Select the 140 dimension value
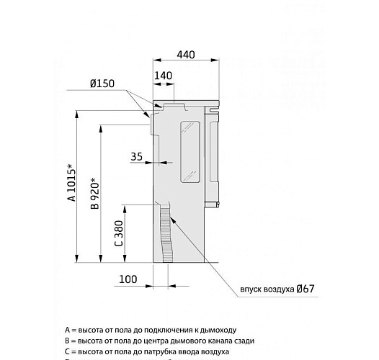164,75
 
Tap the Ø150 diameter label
103,84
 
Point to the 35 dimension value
137,156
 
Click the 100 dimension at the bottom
129,278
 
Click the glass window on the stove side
189,150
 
